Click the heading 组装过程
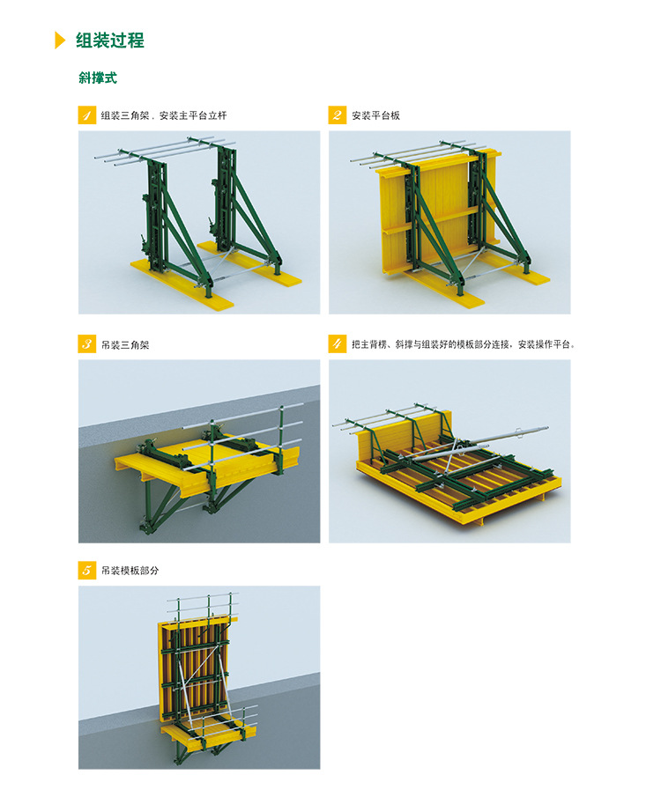110,41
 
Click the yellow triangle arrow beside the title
60,41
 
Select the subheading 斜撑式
98,77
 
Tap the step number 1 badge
87,115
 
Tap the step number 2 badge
338,115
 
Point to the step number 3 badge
87,344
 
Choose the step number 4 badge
338,344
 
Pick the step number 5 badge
87,571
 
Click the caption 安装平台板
375,115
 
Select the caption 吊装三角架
125,344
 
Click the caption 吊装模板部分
130,571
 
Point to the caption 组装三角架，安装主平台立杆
164,115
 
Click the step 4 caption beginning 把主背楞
463,344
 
